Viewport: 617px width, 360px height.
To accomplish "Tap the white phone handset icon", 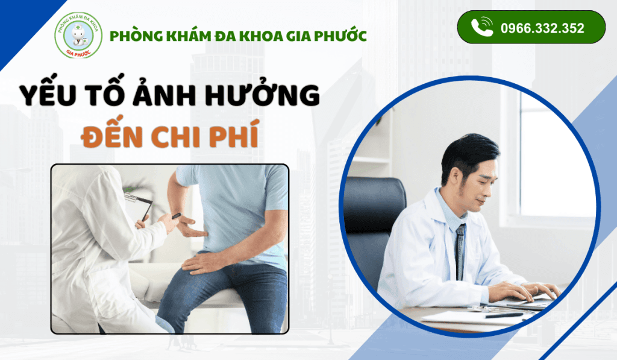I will pos(482,27).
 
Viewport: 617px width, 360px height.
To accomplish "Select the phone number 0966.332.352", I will pos(542,28).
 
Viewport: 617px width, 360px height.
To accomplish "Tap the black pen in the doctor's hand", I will pos(175,215).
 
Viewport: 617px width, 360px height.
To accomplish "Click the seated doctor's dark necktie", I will pos(460,251).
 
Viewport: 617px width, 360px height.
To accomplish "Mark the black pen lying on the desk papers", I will pos(504,315).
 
